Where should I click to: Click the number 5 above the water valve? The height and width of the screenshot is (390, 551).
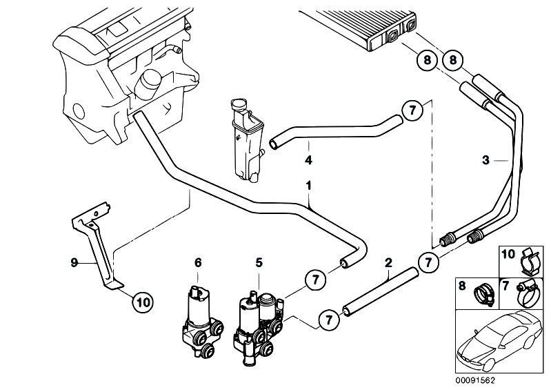259,262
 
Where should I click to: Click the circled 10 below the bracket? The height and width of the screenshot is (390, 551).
141,301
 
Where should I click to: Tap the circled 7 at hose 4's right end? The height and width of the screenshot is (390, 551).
411,111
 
